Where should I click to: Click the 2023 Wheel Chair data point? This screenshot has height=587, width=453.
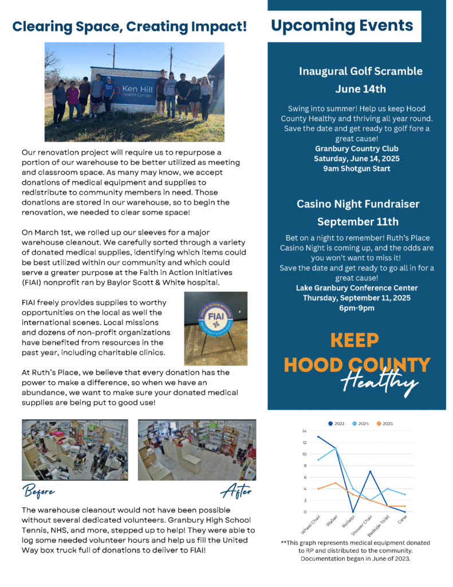(318, 437)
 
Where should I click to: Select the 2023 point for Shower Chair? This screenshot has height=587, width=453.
(371, 472)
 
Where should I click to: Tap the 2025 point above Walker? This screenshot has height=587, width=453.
(336, 483)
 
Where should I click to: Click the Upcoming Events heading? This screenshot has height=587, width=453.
(342, 25)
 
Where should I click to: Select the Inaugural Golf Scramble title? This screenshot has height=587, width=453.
(361, 71)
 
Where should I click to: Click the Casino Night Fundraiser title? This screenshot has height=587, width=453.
(358, 204)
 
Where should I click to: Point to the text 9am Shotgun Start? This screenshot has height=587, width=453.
(357, 169)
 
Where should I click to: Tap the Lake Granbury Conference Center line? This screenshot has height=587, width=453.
(357, 288)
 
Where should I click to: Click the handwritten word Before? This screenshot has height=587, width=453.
(40, 491)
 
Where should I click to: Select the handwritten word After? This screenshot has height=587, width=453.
(236, 491)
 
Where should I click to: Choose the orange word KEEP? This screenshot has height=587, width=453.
(355, 341)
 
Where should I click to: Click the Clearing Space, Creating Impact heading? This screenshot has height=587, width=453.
(130, 26)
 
